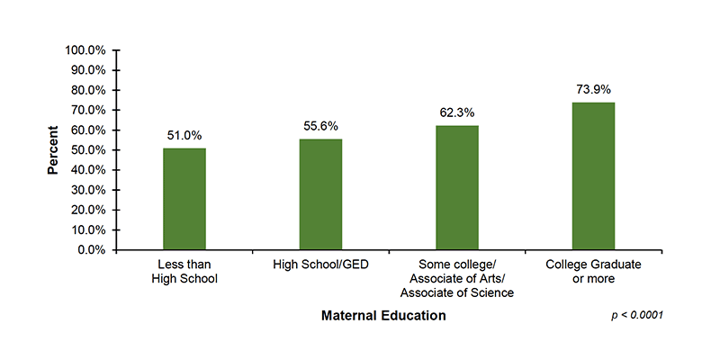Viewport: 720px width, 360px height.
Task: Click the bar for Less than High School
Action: (184, 199)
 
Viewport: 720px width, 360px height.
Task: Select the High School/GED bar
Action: (320, 194)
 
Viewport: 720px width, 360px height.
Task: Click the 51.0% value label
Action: (184, 135)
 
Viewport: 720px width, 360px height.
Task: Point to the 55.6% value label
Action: (320, 126)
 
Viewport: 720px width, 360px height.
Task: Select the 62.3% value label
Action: (457, 112)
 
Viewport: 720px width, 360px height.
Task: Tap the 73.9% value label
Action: (594, 89)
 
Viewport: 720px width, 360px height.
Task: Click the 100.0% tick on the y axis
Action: (86, 50)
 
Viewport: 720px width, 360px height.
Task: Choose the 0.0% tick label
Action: (92, 250)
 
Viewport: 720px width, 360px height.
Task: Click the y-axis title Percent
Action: (53, 150)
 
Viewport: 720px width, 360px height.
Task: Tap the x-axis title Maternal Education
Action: (383, 316)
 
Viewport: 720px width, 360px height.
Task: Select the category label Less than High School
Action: (184, 273)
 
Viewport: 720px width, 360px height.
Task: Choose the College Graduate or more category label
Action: (594, 273)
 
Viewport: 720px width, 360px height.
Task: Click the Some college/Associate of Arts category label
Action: (457, 279)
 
